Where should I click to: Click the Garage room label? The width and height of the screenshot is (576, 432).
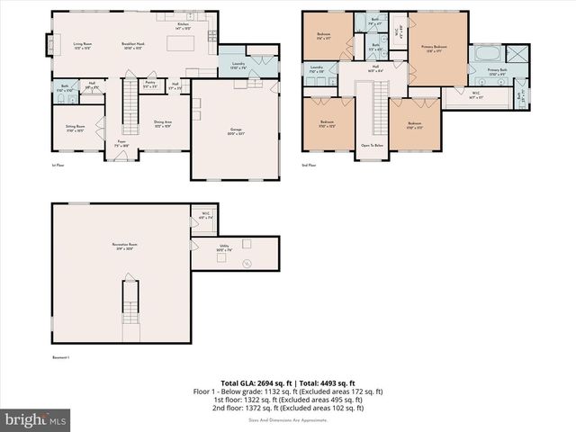(x=237, y=130)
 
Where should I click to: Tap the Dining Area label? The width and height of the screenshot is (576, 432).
(x=164, y=122)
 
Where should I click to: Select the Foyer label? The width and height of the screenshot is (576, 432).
(x=121, y=143)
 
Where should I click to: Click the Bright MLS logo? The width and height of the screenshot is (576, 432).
(x=36, y=419)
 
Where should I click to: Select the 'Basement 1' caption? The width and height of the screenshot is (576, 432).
(x=62, y=358)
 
